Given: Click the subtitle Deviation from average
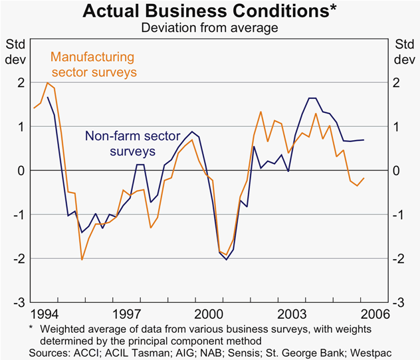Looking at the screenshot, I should point(209,28).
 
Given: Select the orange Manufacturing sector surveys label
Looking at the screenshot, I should point(93,64).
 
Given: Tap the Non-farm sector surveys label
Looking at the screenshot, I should point(132,143).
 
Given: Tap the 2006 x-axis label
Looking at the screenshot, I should point(375,313).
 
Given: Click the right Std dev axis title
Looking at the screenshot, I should point(403,51).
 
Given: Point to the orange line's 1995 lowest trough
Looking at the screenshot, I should point(82,259).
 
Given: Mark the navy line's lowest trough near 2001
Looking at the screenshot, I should point(226,259).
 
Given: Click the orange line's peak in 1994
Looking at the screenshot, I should point(47,83).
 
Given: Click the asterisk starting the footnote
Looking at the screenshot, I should point(31,327).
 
